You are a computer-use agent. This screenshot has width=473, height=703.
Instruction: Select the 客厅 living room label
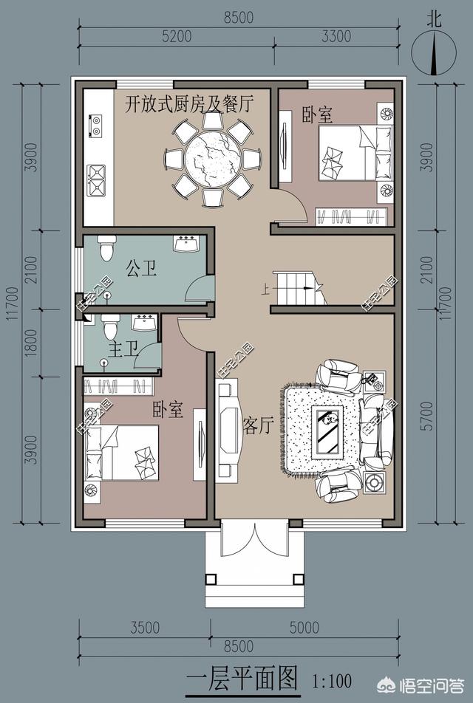tap(258, 425)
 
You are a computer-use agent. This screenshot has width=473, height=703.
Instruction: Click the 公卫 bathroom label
tap(142, 269)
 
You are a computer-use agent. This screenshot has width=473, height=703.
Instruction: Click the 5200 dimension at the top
tap(177, 36)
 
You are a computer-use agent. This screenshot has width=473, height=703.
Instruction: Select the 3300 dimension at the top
tap(336, 36)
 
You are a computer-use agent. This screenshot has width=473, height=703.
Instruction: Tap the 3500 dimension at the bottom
tap(145, 627)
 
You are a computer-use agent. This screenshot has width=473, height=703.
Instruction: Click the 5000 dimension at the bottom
tap(304, 627)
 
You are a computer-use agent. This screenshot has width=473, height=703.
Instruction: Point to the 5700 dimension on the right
tap(428, 416)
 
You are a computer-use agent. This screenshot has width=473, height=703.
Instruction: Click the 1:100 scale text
tap(332, 682)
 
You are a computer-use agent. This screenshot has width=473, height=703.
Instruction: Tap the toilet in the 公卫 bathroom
tap(106, 247)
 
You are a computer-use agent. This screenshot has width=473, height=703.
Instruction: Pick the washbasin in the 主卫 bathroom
tap(143, 323)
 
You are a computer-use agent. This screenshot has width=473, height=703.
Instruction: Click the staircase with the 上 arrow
tap(299, 288)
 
